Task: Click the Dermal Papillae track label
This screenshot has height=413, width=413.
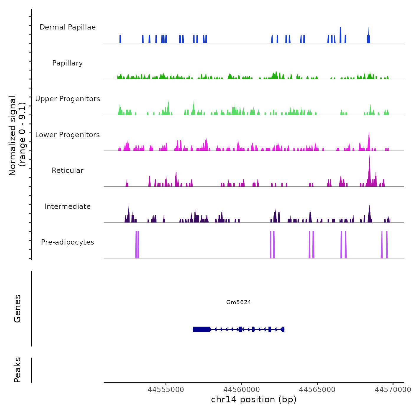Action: [68, 27]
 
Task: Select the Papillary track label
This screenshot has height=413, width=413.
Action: [68, 63]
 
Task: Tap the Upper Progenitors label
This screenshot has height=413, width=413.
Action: [68, 99]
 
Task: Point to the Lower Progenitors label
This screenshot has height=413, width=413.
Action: [68, 135]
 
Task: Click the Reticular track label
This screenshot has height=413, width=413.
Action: [68, 171]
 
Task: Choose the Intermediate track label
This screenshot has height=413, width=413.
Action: [68, 206]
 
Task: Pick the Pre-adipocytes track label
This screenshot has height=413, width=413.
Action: [68, 242]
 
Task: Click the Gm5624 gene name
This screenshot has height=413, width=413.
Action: [239, 302]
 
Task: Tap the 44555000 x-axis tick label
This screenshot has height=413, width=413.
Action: [166, 390]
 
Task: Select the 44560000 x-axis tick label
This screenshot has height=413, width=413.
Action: [242, 390]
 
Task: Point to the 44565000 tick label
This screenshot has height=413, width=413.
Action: [317, 390]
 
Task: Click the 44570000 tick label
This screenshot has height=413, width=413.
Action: [393, 390]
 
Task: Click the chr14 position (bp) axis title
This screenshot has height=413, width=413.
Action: [254, 399]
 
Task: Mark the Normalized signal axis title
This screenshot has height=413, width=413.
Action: [17, 136]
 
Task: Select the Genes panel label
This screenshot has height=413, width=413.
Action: [17, 309]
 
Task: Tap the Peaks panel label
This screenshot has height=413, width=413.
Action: [17, 370]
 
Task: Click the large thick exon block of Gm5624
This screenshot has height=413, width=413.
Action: [201, 329]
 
